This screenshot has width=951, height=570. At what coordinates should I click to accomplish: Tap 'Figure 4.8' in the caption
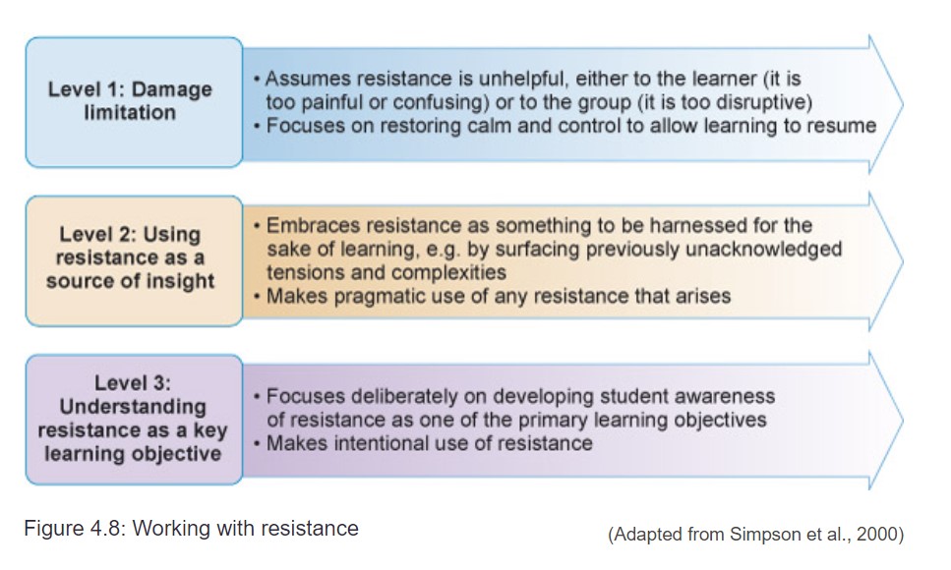click(72, 529)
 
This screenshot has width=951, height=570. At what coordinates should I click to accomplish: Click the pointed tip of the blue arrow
click(901, 102)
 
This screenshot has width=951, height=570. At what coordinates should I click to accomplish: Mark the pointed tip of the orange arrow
click(901, 261)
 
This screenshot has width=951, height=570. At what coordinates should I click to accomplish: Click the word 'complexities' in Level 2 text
click(451, 271)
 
